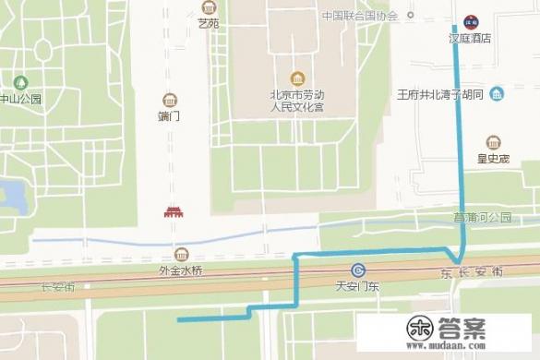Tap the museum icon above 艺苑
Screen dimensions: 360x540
click(x=209, y=7)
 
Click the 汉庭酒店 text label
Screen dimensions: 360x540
click(x=469, y=39)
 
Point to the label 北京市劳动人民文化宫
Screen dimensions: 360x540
click(x=296, y=101)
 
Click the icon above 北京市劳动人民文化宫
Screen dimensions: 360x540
click(x=296, y=78)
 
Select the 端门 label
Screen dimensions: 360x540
click(x=169, y=117)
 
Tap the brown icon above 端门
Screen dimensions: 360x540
click(x=169, y=100)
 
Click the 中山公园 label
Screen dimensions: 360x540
click(x=20, y=99)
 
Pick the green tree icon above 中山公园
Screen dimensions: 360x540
click(x=21, y=82)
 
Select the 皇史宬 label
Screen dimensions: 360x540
click(x=494, y=159)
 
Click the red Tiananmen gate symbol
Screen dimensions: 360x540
click(x=174, y=212)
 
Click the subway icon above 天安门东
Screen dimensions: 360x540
click(x=356, y=270)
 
